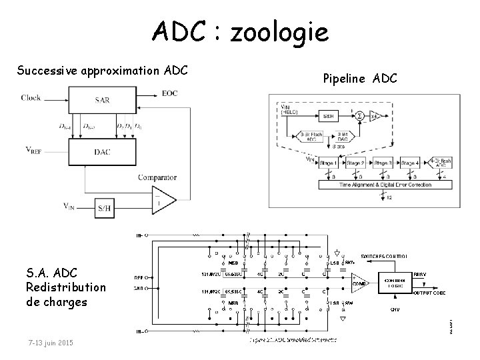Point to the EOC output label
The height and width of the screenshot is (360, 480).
click(x=170, y=93)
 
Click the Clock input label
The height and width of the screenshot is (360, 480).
click(x=31, y=97)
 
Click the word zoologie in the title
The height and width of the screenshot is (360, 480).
click(x=279, y=31)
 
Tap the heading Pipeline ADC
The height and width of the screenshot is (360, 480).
click(x=359, y=79)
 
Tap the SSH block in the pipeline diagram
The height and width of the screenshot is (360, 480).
click(x=328, y=115)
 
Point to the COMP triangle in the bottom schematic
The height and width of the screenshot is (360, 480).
click(x=359, y=283)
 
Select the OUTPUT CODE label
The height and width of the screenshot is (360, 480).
click(x=431, y=292)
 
